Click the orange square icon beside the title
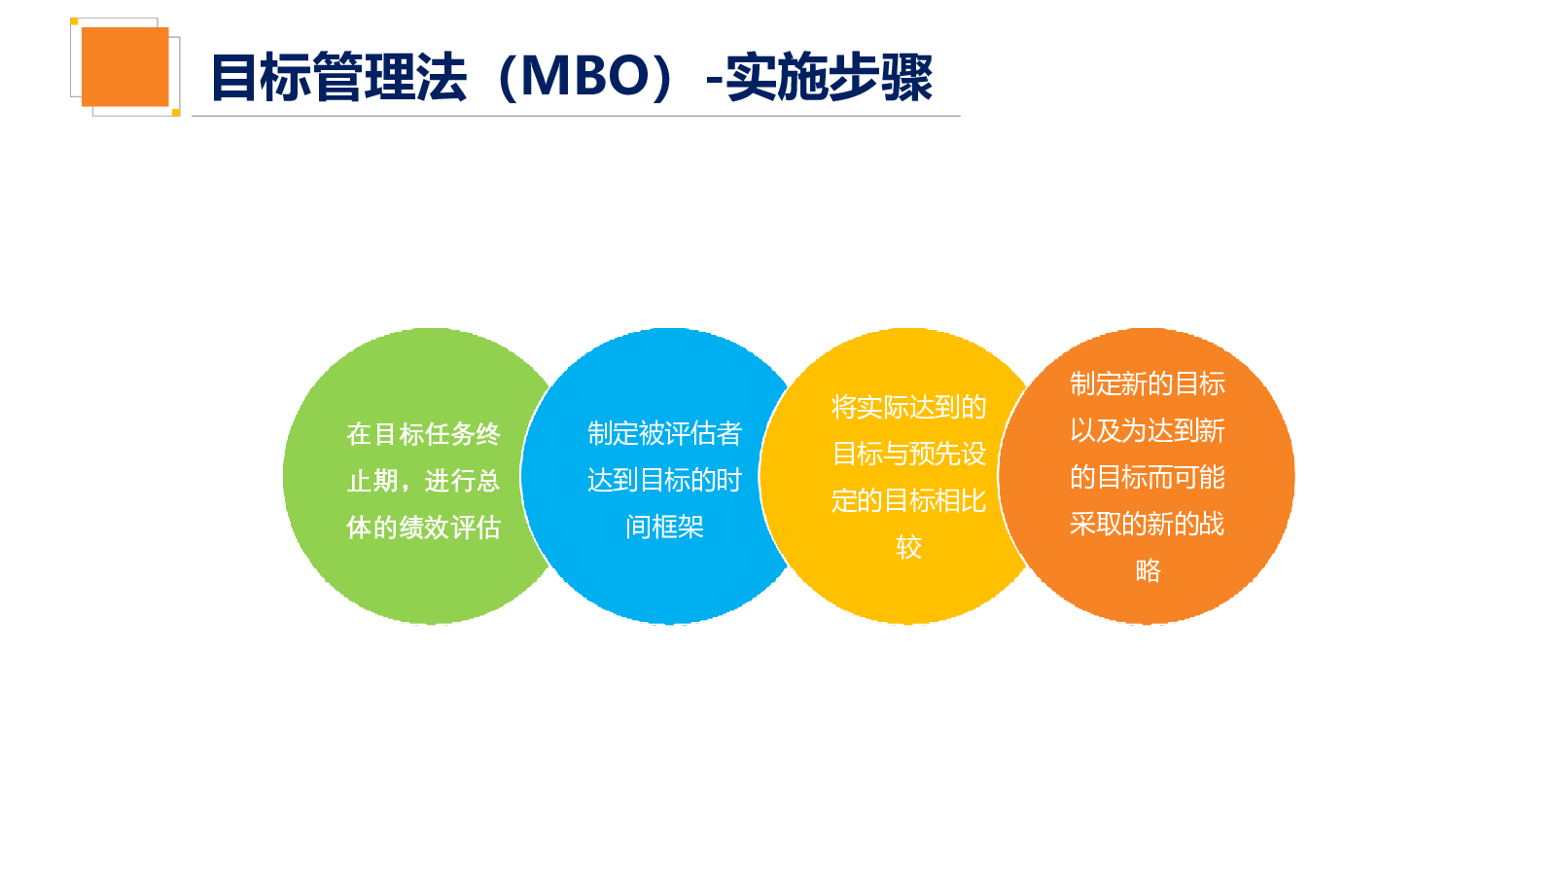125,67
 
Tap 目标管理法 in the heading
338,77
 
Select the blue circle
660,476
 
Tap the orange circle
1147,476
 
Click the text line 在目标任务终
424,434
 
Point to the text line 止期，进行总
424,481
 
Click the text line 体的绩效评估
424,527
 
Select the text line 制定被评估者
665,433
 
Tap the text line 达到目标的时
665,480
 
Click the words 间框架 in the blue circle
665,527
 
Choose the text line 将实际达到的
908,407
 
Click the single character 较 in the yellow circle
908,547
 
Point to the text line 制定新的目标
1148,383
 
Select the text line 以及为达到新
1148,430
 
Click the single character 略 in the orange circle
1148,570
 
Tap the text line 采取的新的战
1148,524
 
